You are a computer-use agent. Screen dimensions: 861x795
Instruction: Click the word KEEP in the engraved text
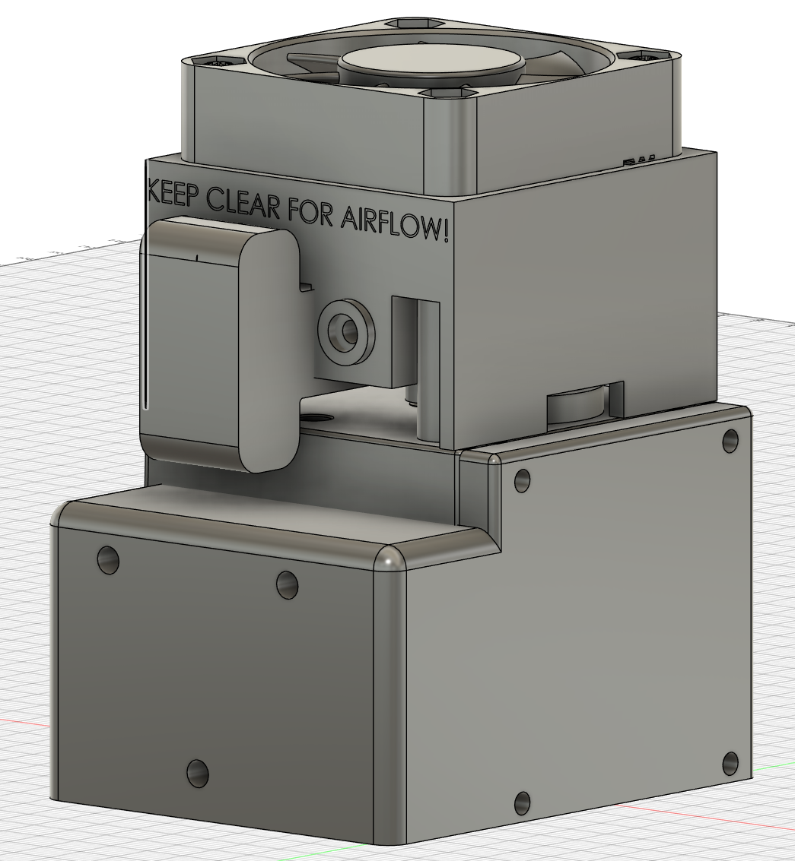click(x=173, y=195)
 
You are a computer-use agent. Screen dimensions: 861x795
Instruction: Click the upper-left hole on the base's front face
click(x=109, y=560)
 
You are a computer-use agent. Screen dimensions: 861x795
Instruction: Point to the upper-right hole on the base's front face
click(x=287, y=584)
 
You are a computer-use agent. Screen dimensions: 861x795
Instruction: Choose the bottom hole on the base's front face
click(x=197, y=773)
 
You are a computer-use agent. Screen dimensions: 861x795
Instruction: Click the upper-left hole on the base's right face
click(x=523, y=480)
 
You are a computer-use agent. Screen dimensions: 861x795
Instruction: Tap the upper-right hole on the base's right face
click(x=730, y=439)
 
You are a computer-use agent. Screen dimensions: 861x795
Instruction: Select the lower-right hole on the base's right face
click(x=730, y=762)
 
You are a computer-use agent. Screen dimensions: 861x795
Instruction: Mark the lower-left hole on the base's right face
click(x=523, y=802)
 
